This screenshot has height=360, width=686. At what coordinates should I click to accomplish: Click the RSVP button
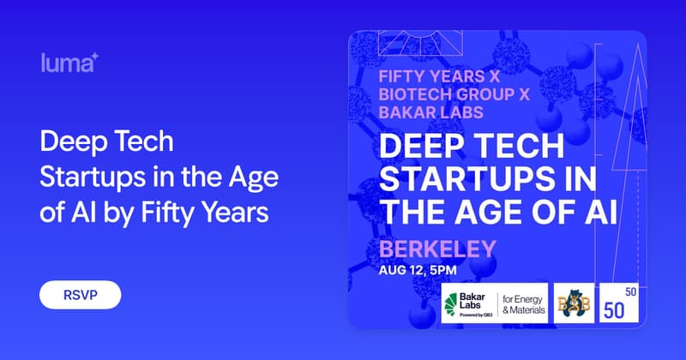pos(80,295)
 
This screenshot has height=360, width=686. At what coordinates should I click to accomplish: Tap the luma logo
pos(70,63)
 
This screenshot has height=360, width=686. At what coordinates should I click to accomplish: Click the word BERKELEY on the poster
pos(437,249)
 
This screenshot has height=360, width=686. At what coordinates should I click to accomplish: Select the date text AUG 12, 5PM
pos(418,270)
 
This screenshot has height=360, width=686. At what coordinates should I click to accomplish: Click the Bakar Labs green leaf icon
pos(451,304)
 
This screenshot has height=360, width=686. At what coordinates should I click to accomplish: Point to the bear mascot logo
pos(574,303)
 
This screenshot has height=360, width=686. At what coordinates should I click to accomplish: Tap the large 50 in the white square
pos(614,310)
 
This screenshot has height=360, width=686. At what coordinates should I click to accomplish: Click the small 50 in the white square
pos(630,291)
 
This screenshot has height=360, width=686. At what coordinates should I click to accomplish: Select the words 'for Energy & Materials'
pos(524,304)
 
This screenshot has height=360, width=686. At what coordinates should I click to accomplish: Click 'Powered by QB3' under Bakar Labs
pos(476,315)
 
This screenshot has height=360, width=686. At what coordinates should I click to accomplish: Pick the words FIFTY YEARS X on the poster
pos(439,76)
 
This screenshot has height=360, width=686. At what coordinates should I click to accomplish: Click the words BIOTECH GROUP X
pos(454,94)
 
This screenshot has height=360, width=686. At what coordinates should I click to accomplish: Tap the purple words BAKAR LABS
pos(431,112)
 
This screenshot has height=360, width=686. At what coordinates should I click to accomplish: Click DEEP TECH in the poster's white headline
pos(472,146)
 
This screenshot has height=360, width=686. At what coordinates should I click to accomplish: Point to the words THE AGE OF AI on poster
pos(498,213)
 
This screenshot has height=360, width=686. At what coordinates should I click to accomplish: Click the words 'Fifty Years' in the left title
pos(205,213)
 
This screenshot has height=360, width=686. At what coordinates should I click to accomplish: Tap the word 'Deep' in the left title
pos(69,142)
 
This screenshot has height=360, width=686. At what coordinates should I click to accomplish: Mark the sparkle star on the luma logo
pos(94,57)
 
